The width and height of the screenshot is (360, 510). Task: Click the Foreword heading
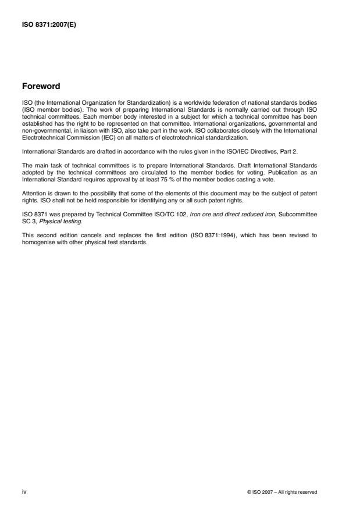40,86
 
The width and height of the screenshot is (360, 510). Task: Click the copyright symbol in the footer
249,492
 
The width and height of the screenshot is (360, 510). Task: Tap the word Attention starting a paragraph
34,191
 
